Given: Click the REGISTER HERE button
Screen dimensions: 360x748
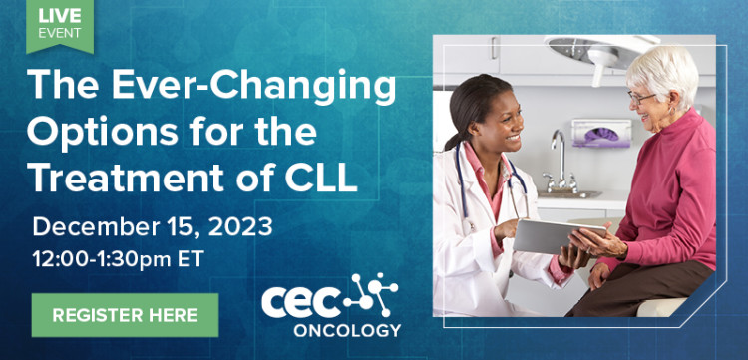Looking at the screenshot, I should (x=125, y=316).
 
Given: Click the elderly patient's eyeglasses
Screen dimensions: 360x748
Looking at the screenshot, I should (x=640, y=97).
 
